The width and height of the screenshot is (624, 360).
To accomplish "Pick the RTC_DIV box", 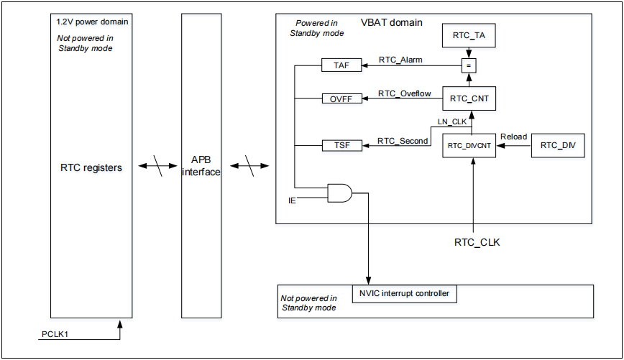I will click(x=557, y=145).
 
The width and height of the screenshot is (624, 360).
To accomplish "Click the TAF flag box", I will click(x=342, y=65).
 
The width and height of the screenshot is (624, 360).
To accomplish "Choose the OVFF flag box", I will click(x=342, y=98).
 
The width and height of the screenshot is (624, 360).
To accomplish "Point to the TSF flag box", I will click(x=342, y=145).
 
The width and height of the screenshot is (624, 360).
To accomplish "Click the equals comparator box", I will click(x=469, y=65).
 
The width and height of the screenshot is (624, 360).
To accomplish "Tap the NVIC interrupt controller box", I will click(x=405, y=293).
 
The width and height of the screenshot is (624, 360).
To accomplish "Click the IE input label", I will click(x=292, y=200).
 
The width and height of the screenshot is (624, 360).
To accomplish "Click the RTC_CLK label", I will click(x=477, y=242).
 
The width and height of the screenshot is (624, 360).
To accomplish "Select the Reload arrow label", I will click(x=513, y=136).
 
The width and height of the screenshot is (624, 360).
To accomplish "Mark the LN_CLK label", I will click(x=452, y=121).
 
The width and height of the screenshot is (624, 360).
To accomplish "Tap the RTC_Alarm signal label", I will click(x=400, y=60).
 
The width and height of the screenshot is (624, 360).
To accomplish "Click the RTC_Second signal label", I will click(x=403, y=141).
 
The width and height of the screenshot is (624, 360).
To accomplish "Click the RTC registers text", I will click(x=91, y=167).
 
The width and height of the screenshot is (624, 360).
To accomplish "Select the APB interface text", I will click(x=201, y=166).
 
